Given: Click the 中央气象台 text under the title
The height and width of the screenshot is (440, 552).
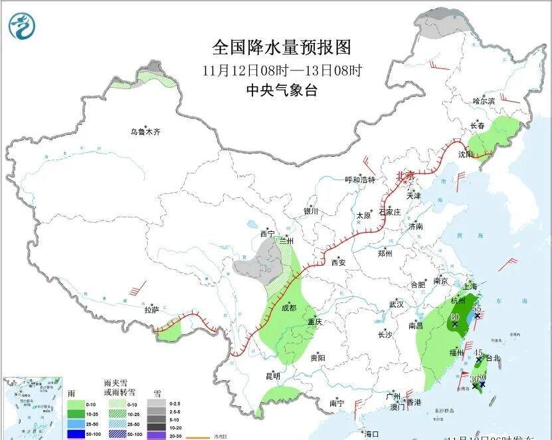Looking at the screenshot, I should pyautogui.click(x=281, y=91).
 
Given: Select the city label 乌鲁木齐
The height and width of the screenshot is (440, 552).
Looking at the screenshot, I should pyautogui.click(x=145, y=132).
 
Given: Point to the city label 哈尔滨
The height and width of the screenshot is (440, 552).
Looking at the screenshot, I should pyautogui.click(x=484, y=101).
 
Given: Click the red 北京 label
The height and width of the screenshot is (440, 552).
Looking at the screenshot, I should pyautogui.click(x=405, y=176).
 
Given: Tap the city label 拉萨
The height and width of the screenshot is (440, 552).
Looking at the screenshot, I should pyautogui.click(x=151, y=310).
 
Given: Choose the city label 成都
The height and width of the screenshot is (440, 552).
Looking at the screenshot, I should pyautogui.click(x=288, y=308).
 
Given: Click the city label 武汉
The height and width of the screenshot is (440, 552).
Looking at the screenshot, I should pyautogui.click(x=397, y=304).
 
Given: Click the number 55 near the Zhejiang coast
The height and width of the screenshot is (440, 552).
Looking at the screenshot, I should pyautogui.click(x=476, y=309).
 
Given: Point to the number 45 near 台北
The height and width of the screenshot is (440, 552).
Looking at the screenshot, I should pyautogui.click(x=478, y=352).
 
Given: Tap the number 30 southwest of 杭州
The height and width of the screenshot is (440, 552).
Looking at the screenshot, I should pyautogui.click(x=454, y=317).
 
